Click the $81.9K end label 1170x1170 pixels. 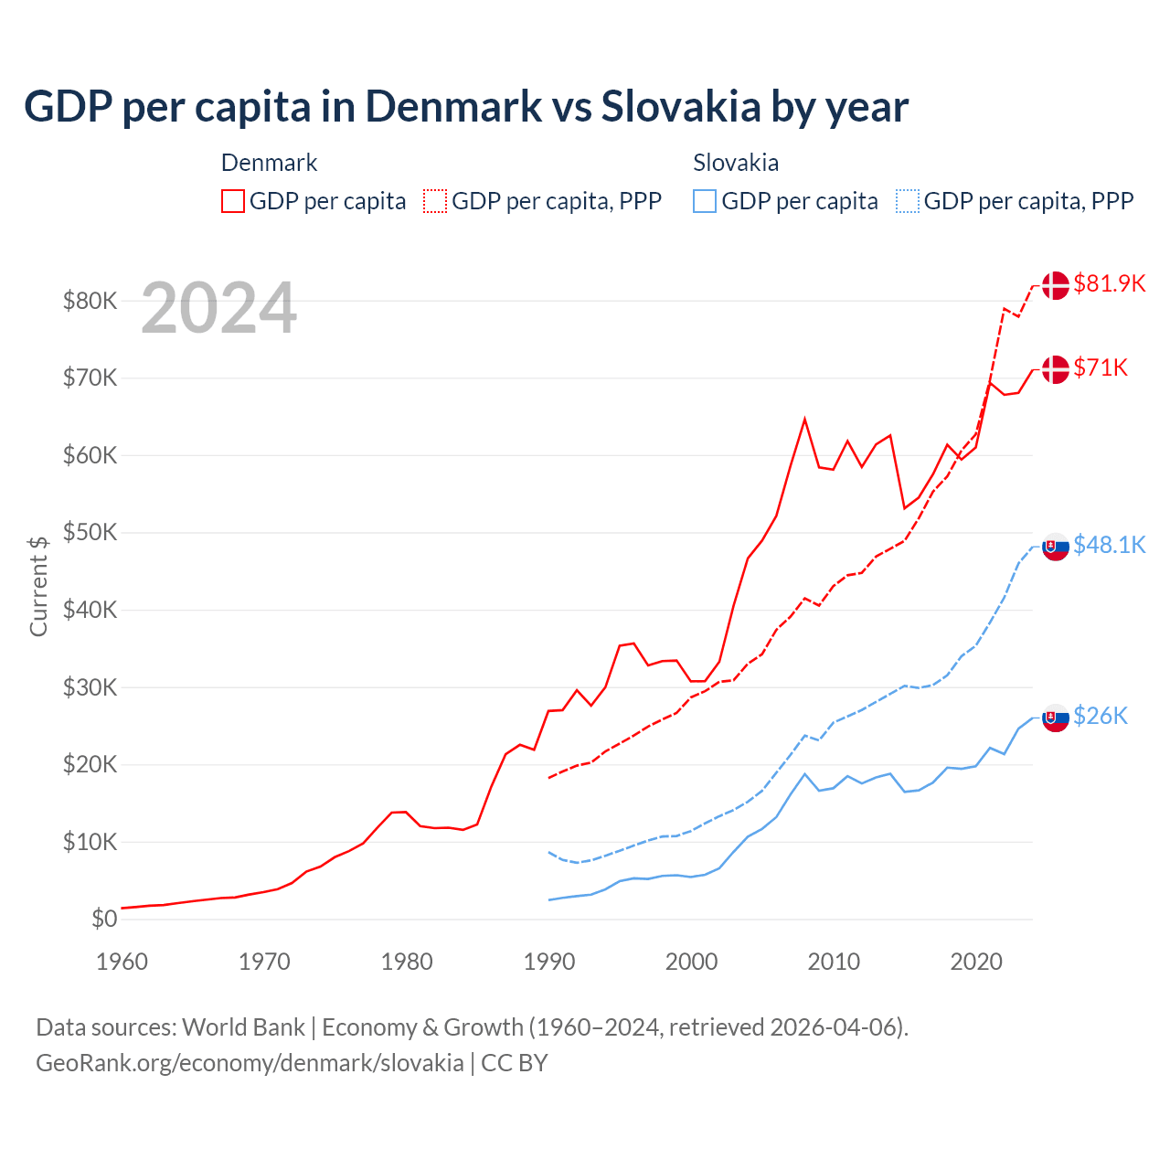point(1109,283)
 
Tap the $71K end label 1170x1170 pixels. point(1101,367)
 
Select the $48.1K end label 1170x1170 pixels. point(1109,545)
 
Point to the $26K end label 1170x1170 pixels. point(1101,716)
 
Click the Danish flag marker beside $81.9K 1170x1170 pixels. point(1056,285)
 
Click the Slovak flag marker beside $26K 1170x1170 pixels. point(1056,718)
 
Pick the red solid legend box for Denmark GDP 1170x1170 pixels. point(233,201)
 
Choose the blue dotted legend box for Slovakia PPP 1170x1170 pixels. point(908,201)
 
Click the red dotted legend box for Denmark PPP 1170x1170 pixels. point(435,201)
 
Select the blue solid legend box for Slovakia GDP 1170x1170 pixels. point(705,201)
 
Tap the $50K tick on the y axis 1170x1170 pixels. point(90,532)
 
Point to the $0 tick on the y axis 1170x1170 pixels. point(104,919)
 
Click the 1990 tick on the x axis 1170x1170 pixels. point(549,962)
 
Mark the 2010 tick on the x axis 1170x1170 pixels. point(834,962)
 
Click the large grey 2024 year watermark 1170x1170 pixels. point(219,308)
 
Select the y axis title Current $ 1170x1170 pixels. point(38,586)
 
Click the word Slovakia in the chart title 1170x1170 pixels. point(681,106)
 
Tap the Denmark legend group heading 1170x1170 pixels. point(269,163)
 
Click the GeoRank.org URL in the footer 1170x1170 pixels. point(250,1063)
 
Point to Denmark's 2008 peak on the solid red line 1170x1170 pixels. point(804,420)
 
